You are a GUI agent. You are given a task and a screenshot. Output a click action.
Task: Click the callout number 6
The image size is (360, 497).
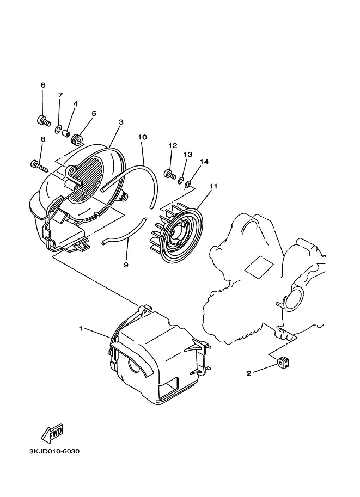(43, 85)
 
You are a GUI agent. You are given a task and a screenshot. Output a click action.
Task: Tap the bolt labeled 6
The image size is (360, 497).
(43, 121)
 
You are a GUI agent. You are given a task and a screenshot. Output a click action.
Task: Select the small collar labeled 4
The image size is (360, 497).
(66, 133)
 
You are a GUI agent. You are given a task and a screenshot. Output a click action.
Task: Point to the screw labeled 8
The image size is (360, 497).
(39, 166)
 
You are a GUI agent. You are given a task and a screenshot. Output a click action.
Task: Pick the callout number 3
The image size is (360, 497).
(121, 122)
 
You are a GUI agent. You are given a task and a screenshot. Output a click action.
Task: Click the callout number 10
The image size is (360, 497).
(142, 137)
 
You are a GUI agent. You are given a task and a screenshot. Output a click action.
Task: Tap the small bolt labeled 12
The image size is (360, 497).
(170, 174)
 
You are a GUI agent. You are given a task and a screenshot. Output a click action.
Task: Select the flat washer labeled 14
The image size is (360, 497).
(187, 183)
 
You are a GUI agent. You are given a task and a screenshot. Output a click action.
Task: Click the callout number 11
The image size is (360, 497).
(213, 186)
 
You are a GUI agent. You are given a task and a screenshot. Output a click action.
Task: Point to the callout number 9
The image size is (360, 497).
(126, 265)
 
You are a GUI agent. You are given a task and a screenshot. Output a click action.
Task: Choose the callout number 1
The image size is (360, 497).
(81, 328)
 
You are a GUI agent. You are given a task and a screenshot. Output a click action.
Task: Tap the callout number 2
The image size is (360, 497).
(249, 373)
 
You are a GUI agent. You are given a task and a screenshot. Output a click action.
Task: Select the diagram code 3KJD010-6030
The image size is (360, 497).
(54, 451)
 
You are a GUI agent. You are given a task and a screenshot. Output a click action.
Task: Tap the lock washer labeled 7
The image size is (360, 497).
(58, 129)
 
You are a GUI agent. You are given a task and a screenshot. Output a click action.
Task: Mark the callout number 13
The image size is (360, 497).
(188, 155)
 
